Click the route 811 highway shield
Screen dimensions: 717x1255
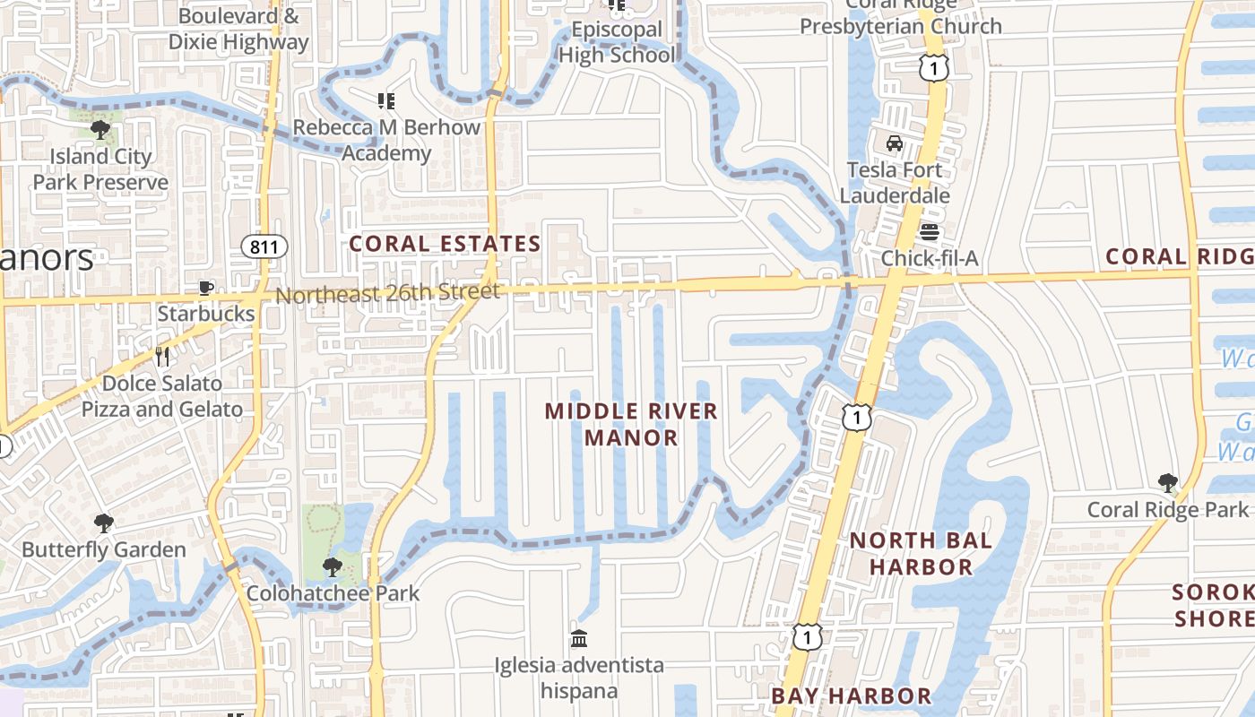pyautogui.click(x=264, y=246)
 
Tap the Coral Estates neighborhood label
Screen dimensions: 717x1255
pyautogui.click(x=445, y=244)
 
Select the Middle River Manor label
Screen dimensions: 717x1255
pyautogui.click(x=632, y=424)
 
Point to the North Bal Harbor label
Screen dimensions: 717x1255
pyautogui.click(x=922, y=553)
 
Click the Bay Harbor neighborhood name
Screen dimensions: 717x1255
pyautogui.click(x=852, y=696)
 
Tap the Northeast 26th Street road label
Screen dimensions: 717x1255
pyautogui.click(x=387, y=293)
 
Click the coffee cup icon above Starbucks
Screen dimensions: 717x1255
pyautogui.click(x=206, y=288)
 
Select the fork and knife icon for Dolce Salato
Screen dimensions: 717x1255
pyautogui.click(x=162, y=357)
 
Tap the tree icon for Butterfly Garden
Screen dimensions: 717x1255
pyautogui.click(x=104, y=523)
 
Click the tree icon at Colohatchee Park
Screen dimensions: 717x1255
pyautogui.click(x=333, y=566)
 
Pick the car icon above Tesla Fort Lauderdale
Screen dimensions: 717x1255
pyautogui.click(x=894, y=143)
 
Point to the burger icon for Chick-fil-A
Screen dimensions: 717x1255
pyautogui.click(x=930, y=233)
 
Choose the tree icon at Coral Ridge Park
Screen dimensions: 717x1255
pyautogui.click(x=1167, y=483)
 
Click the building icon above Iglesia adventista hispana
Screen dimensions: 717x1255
pyautogui.click(x=579, y=639)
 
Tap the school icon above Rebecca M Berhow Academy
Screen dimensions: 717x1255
pyautogui.click(x=386, y=101)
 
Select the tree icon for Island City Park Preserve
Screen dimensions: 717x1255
pyautogui.click(x=100, y=130)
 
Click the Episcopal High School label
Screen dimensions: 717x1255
pyautogui.click(x=618, y=42)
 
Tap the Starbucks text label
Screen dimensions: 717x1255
pyautogui.click(x=206, y=314)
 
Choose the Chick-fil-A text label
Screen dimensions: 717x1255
pyautogui.click(x=930, y=259)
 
